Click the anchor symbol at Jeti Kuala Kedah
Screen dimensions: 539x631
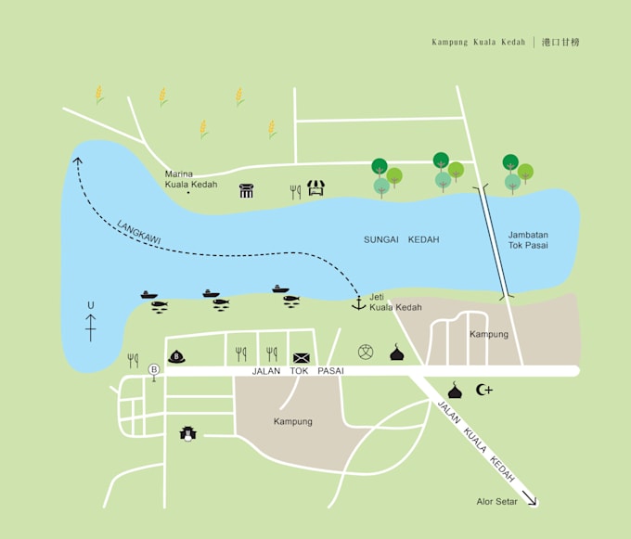[x=358, y=302]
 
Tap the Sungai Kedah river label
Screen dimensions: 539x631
[x=401, y=240]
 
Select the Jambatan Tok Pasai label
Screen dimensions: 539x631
[x=528, y=240]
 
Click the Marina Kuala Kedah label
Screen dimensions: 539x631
[x=191, y=179]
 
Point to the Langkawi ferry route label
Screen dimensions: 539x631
[x=139, y=233]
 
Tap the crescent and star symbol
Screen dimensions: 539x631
[x=484, y=390]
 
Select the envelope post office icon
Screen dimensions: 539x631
[x=302, y=357]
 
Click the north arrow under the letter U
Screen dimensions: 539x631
[x=91, y=327]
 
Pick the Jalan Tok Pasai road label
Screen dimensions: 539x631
[x=297, y=371]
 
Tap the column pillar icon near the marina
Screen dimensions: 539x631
[x=247, y=191]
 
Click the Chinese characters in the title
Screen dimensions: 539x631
[x=561, y=42]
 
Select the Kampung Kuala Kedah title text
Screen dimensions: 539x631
[x=478, y=42]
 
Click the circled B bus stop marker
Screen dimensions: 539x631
[x=154, y=369]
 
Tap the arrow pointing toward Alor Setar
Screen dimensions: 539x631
[x=530, y=498]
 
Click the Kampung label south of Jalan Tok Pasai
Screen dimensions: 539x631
[x=293, y=421]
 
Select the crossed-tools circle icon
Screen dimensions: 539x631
[x=366, y=352]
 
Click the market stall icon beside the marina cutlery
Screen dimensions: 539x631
[x=316, y=189]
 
